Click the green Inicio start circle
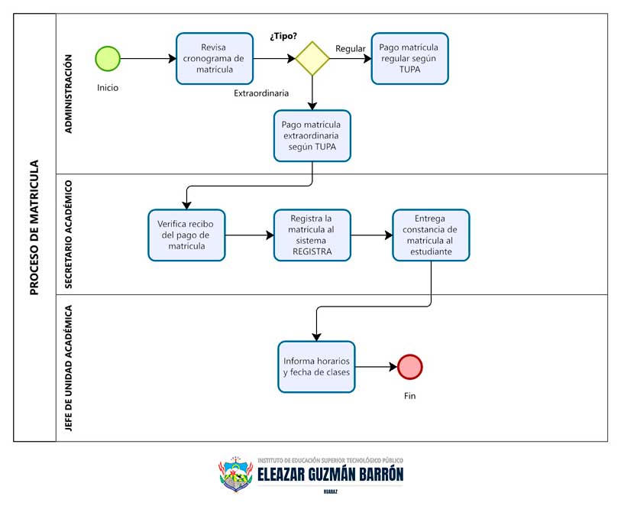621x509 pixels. pos(108,58)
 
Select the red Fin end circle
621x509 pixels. pos(409,367)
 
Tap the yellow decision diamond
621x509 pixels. pos(312,58)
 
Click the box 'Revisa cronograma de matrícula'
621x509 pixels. pos(215,58)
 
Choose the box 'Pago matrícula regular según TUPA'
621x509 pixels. pos(409,58)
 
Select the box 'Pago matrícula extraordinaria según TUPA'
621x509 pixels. pos(312,136)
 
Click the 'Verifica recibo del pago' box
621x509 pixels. pos(186,235)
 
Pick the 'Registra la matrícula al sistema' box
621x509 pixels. pos(312,235)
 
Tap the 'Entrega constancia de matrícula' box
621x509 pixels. pos(431,235)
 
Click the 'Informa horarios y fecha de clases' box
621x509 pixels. pos(316,367)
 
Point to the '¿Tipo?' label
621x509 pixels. pos(283,36)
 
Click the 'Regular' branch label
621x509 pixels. pos(350,49)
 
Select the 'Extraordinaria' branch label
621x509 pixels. pos(261,93)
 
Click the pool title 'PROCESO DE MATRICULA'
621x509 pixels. pos(34,227)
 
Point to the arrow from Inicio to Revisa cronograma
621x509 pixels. pos(147,58)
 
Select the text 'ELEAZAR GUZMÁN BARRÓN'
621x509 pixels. pos(330,475)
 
